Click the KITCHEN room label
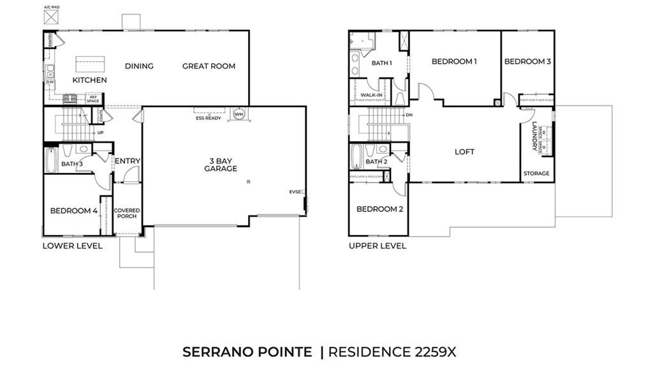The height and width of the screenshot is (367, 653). (x=89, y=80)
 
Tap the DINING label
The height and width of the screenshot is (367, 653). (x=139, y=66)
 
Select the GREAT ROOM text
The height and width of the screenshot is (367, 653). (x=209, y=66)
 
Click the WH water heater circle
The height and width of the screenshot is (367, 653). (x=240, y=115)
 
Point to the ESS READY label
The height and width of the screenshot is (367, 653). (x=209, y=118)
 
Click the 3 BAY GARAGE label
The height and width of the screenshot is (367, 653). (x=221, y=165)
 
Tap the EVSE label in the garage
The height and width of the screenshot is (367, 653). (x=295, y=191)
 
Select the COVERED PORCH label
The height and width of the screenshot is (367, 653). (x=126, y=213)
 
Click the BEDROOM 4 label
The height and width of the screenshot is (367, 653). (x=74, y=210)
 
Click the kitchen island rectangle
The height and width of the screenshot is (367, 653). (x=91, y=64)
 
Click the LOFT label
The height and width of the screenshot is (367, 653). (x=464, y=152)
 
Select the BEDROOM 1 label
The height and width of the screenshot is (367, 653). (x=454, y=61)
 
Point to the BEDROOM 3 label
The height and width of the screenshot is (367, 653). (x=527, y=61)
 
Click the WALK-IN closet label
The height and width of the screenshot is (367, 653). (x=371, y=96)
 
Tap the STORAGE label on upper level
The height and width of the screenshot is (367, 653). (x=536, y=174)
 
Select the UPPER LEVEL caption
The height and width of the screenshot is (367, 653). (x=377, y=246)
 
